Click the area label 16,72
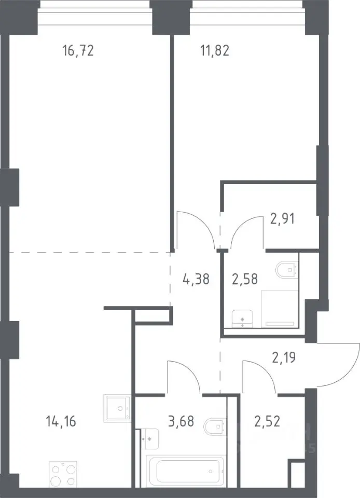click(78, 50)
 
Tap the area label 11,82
click(215, 50)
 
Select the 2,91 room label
click(282, 219)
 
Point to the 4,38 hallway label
click(196, 279)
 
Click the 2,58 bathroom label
click(245, 279)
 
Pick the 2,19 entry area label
click(284, 357)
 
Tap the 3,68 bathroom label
click(181, 422)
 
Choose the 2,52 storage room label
click(267, 422)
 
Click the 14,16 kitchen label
click(61, 422)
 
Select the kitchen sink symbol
click(117, 408)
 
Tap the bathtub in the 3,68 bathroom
click(186, 472)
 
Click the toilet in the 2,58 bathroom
click(287, 270)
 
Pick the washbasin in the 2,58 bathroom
click(243, 319)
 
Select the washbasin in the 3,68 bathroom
click(149, 439)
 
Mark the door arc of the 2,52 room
click(265, 370)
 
